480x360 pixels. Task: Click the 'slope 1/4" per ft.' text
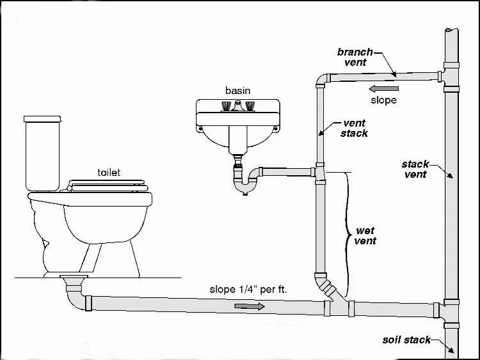coord(248,289)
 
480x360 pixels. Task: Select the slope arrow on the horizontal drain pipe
coord(249,307)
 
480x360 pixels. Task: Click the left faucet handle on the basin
coord(225,105)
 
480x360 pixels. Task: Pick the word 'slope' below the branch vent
coord(384,100)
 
